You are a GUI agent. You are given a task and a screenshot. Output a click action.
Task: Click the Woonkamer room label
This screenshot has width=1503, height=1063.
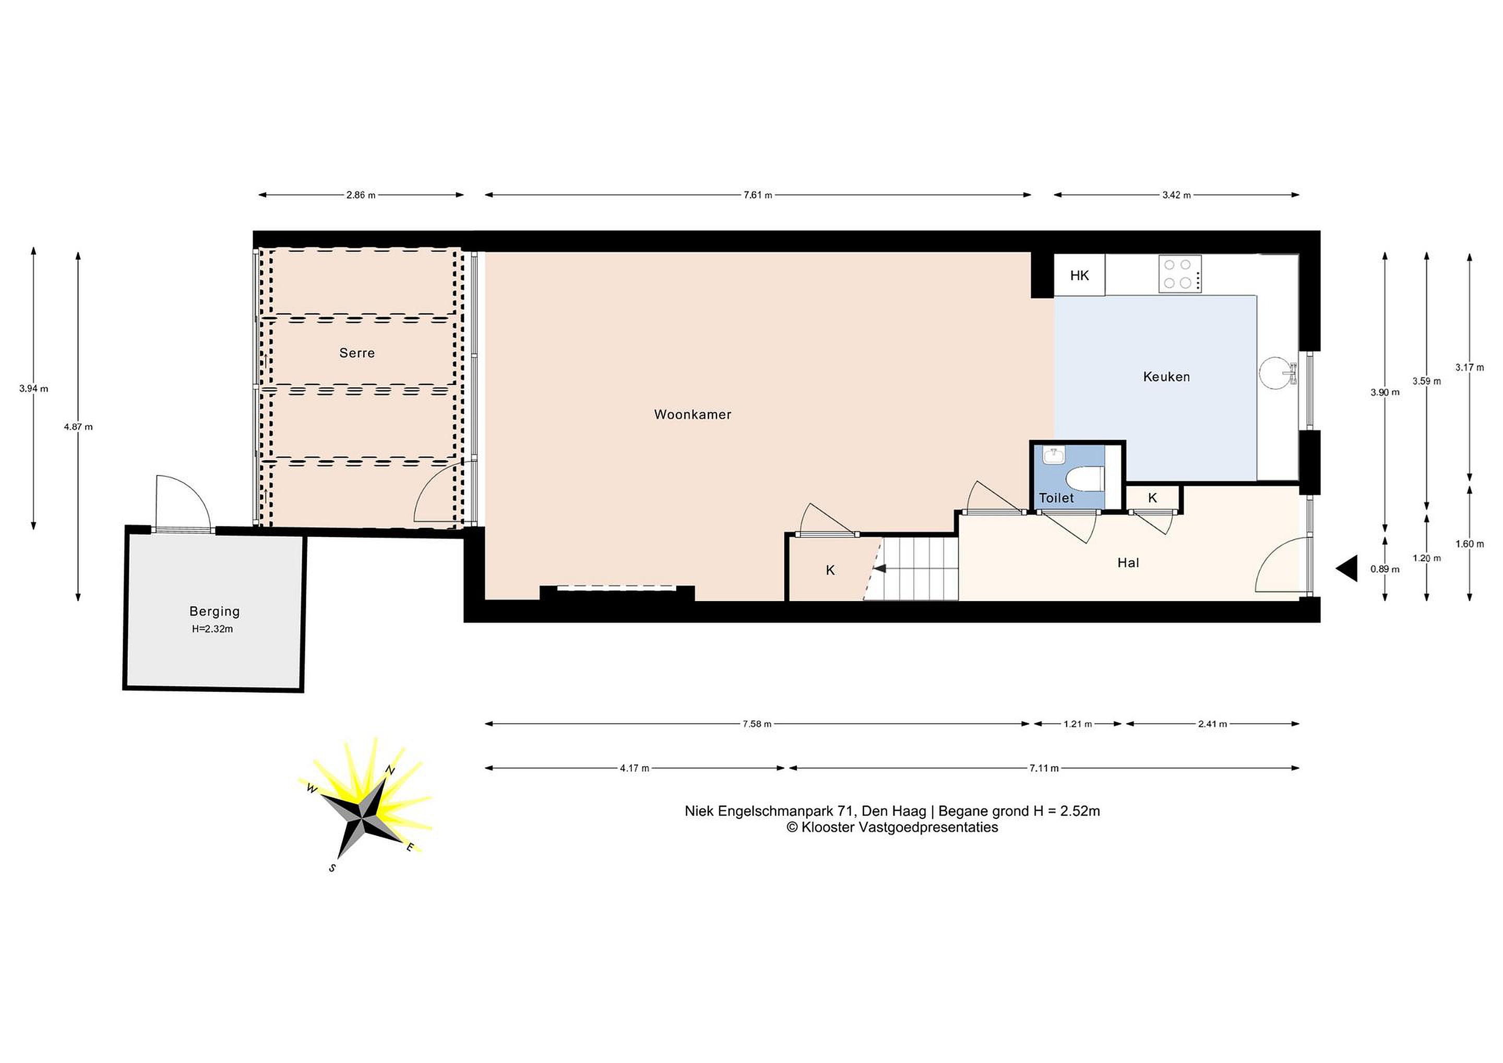693,414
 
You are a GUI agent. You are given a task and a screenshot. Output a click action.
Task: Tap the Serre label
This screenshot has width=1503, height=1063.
357,353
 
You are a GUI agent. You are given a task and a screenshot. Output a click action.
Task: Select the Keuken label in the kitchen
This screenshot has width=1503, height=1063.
1166,376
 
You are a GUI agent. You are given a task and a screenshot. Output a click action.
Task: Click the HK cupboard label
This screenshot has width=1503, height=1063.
1079,276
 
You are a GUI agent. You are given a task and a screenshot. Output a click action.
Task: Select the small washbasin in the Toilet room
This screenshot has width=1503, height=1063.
1053,456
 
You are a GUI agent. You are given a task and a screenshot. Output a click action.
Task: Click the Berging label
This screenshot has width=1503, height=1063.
214,612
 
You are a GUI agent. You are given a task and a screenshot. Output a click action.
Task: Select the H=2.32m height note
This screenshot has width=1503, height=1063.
213,629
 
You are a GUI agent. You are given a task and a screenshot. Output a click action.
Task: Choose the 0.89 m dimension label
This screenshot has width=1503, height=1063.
1385,569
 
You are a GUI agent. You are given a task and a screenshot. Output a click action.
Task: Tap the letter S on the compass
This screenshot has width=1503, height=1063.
332,868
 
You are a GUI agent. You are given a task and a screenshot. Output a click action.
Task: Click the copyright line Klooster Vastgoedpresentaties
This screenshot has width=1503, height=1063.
892,827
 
